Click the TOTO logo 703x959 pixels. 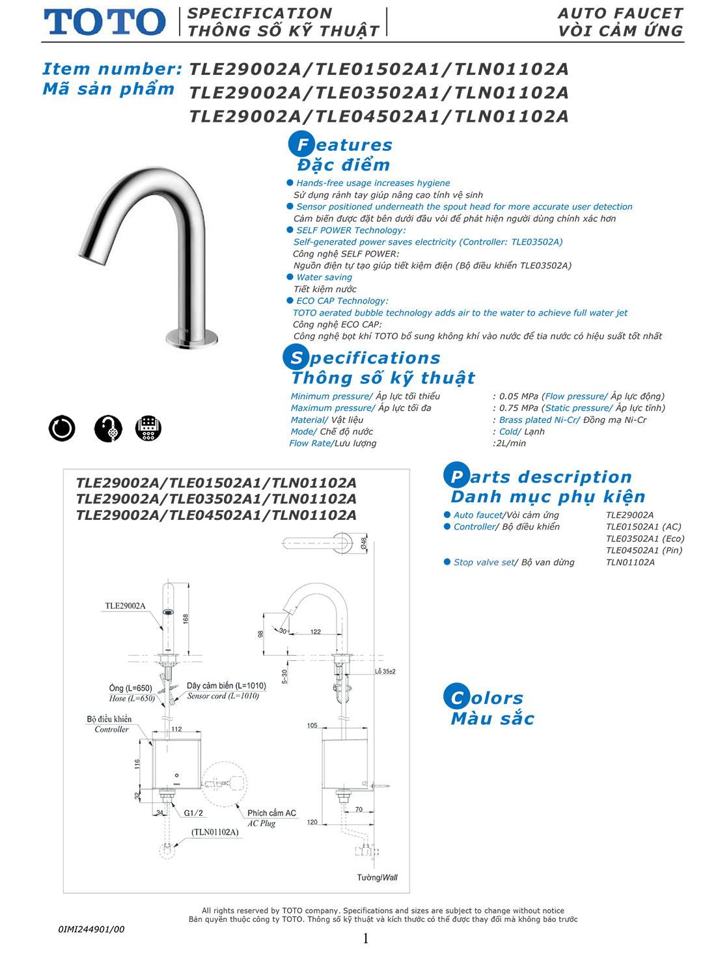[x=105, y=22]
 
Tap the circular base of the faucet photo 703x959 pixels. [x=191, y=338]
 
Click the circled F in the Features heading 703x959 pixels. [x=301, y=144]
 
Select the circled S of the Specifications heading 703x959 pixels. [x=296, y=357]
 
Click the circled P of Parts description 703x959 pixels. [x=456, y=476]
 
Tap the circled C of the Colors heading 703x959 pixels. [x=456, y=697]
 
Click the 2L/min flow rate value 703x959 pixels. [x=510, y=443]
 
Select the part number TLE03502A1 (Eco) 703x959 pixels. [x=644, y=538]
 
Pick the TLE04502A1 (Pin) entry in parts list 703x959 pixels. [x=644, y=550]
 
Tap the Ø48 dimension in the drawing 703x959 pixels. [x=365, y=543]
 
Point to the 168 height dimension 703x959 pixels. [x=186, y=619]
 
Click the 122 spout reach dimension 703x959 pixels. [x=316, y=632]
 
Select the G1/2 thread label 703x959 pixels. [x=193, y=813]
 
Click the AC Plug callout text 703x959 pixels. [x=261, y=823]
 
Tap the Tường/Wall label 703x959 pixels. [x=377, y=878]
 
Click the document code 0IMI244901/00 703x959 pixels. [x=91, y=929]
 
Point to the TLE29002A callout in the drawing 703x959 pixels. [x=125, y=606]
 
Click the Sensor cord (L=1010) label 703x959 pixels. [x=223, y=696]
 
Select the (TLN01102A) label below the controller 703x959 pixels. [x=215, y=832]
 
